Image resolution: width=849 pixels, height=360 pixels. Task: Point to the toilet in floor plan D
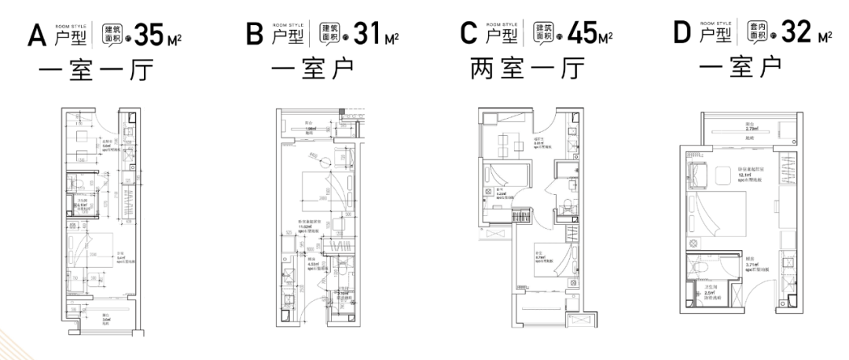pyautogui.click(x=704, y=266)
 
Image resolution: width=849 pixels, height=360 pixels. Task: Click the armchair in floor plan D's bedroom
pyautogui.click(x=698, y=173)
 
